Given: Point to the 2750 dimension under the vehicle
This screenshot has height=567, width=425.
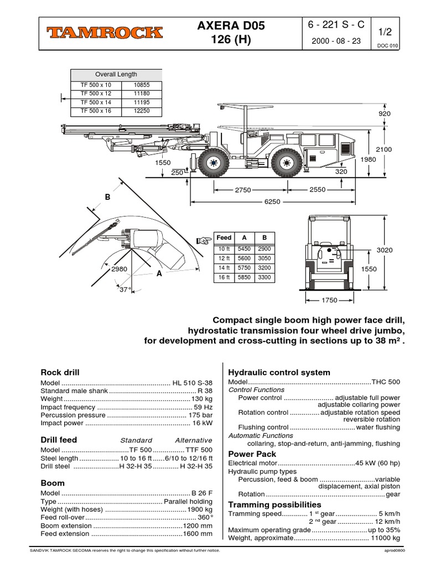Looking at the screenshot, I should pos(243,190).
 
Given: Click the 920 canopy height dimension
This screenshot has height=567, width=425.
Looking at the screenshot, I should pos(384,114).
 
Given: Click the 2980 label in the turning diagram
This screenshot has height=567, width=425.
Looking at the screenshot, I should pos(119,269).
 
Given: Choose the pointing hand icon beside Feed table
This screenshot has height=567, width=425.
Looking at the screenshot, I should pos(204,240).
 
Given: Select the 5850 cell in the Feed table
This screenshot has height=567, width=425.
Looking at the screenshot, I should pos(244,277).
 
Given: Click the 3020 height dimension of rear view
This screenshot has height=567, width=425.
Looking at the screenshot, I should pos(384,250).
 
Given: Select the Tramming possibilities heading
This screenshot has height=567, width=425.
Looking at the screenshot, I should pos(274,504).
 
